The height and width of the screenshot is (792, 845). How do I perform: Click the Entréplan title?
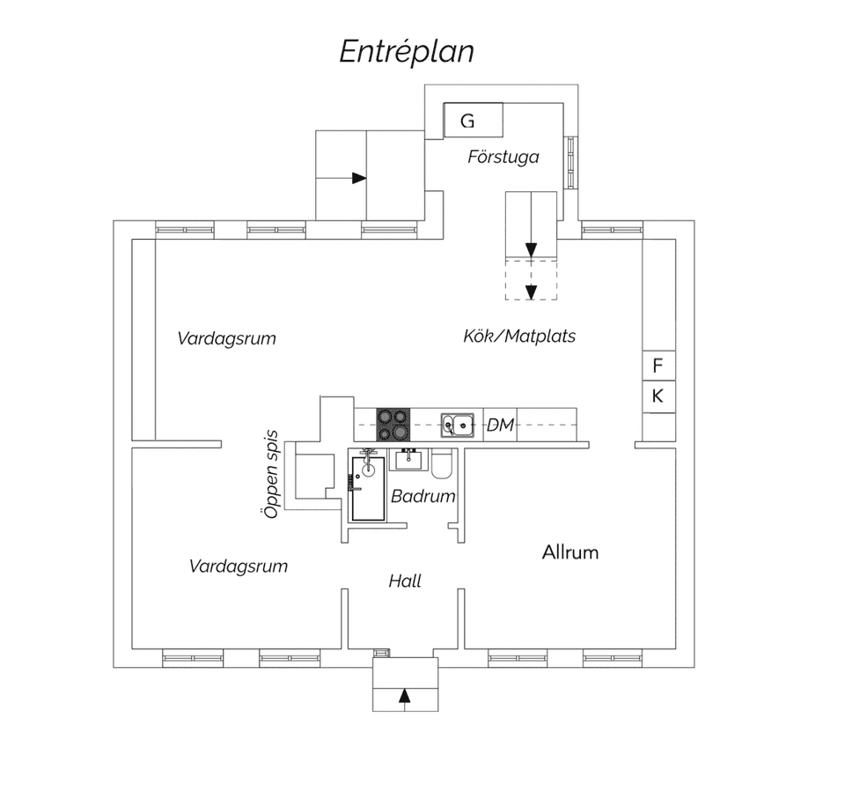click(x=407, y=52)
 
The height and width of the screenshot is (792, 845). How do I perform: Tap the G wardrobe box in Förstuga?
click(x=474, y=120)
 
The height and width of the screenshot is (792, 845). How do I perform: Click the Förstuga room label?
click(x=503, y=158)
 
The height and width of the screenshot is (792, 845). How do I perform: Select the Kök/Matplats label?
click(x=519, y=336)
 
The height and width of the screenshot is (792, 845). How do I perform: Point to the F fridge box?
click(x=658, y=365)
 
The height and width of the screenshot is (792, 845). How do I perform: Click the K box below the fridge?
click(x=658, y=396)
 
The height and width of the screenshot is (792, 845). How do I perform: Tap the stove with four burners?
click(x=393, y=424)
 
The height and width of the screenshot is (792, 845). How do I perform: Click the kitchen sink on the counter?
click(x=458, y=425)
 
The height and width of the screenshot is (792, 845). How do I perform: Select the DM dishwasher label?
click(x=500, y=426)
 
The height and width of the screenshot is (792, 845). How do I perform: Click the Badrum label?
click(x=423, y=496)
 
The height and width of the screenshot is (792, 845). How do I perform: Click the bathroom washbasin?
click(x=408, y=459)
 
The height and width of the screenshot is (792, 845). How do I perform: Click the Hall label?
click(x=405, y=581)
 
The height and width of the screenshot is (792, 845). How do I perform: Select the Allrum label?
click(x=570, y=552)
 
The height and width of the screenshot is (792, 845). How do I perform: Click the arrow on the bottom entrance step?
click(x=405, y=695)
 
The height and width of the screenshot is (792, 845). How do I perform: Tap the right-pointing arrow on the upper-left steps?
click(x=358, y=178)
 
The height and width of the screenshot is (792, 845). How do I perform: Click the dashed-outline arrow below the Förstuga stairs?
click(x=531, y=291)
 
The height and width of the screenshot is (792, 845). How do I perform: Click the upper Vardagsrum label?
click(x=226, y=338)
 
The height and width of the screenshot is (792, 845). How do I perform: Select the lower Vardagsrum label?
click(x=239, y=566)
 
